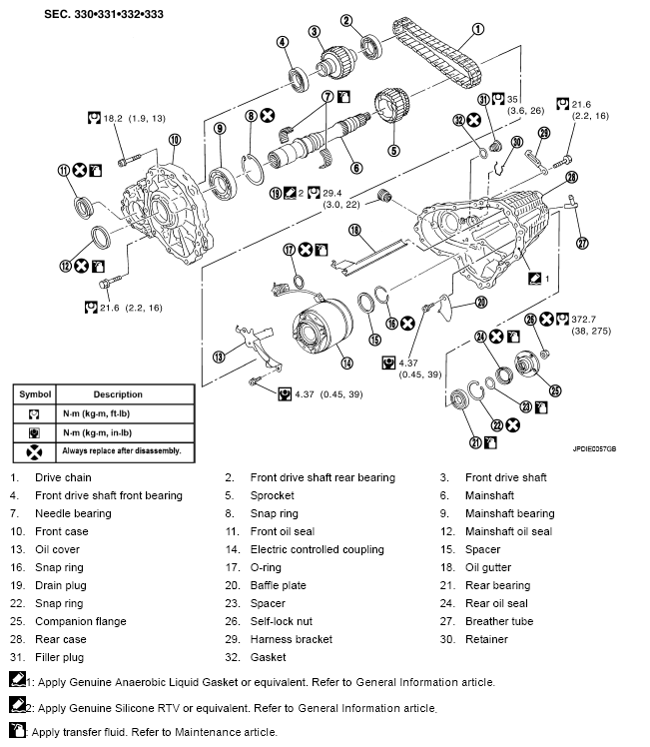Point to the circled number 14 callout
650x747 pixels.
coord(346,363)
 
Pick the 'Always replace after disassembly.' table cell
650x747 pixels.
coord(119,450)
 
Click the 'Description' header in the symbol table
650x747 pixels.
coord(118,394)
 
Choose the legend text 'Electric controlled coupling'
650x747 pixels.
coord(317,549)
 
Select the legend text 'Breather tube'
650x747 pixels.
coord(499,621)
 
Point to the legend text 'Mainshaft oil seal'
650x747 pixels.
coord(508,531)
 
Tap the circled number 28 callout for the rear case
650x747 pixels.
coord(572,177)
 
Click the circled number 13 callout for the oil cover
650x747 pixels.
coord(218,357)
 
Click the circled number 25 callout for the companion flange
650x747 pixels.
coord(556,390)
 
